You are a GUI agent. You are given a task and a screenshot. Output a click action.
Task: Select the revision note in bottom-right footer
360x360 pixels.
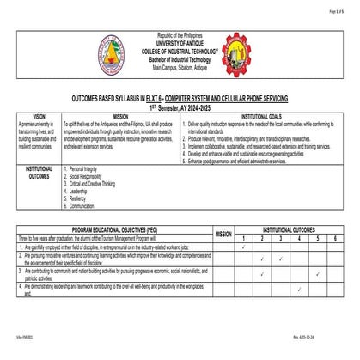330,350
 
